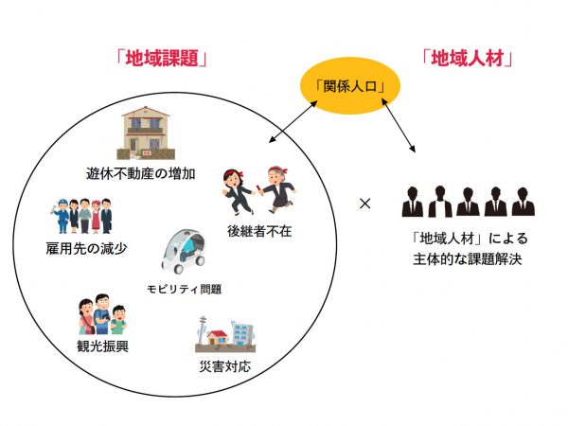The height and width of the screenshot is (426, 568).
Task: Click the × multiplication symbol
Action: pos(365,203)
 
